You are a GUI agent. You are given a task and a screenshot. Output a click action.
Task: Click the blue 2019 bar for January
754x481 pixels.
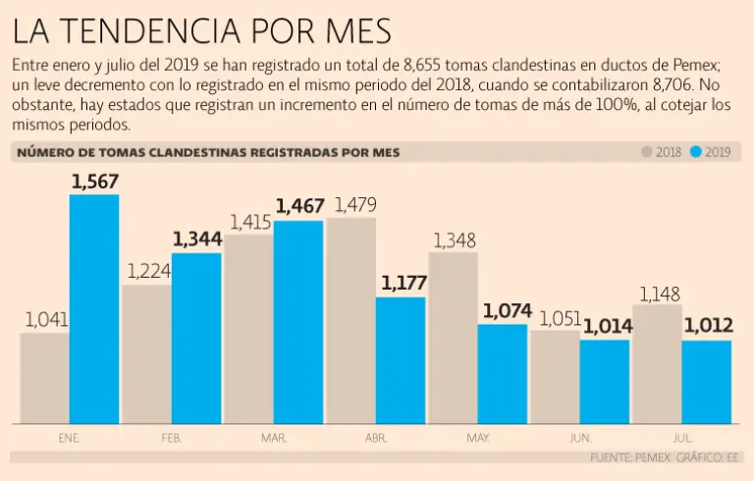(x=94, y=309)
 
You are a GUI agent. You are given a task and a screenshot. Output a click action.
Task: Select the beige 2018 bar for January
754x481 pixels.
(x=44, y=378)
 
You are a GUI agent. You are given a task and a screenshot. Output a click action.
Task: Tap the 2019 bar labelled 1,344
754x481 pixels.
(x=196, y=339)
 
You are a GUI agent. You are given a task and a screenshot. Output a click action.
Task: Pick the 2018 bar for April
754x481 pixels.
(x=351, y=320)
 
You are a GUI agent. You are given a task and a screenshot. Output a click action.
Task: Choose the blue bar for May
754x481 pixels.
(x=503, y=374)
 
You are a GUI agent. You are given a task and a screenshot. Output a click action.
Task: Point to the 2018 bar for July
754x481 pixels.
(x=657, y=364)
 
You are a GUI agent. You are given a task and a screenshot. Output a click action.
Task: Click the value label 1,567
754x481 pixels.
(x=95, y=181)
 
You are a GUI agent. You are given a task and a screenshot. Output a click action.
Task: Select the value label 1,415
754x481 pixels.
(x=250, y=221)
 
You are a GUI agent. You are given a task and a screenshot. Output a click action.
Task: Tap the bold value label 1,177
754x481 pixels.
(x=402, y=284)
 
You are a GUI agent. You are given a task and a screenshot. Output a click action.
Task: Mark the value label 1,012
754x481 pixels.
(x=707, y=327)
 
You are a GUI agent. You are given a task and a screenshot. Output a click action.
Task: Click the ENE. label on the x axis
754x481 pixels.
(x=69, y=438)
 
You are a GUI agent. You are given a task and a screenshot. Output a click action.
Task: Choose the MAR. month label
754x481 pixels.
(x=274, y=438)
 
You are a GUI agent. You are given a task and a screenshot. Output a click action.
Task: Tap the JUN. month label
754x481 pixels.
(x=580, y=438)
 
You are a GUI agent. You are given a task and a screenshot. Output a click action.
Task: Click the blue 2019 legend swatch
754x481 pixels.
(x=696, y=152)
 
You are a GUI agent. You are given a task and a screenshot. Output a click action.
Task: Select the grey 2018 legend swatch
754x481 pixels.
(x=646, y=152)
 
